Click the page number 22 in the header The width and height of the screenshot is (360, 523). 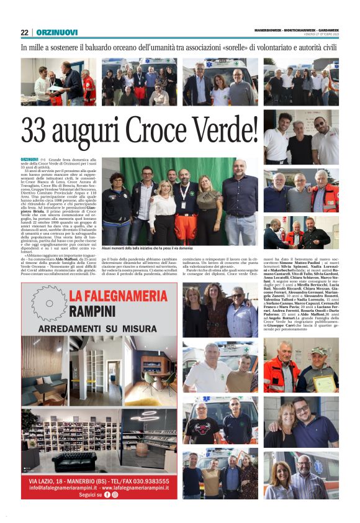(x=25, y=32)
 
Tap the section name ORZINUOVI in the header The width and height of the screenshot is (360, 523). (x=55, y=32)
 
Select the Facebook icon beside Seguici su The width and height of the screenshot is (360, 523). (x=107, y=494)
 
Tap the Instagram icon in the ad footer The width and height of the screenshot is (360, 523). (x=115, y=494)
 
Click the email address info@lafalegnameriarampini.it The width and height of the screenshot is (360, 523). (x=60, y=488)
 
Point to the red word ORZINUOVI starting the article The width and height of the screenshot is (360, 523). (x=29, y=160)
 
